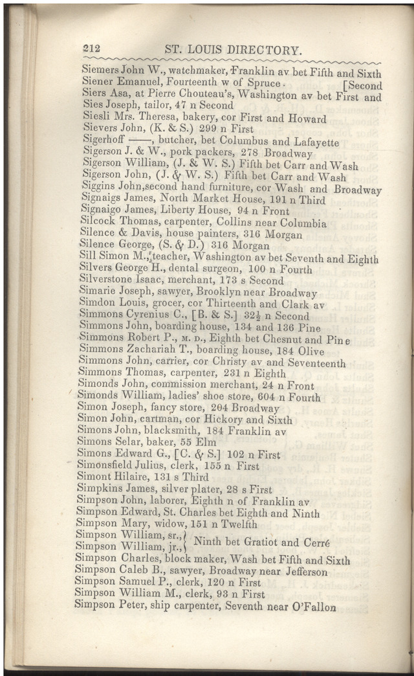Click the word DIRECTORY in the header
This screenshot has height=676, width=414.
click(x=265, y=49)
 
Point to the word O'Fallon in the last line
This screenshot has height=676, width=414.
click(x=313, y=607)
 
